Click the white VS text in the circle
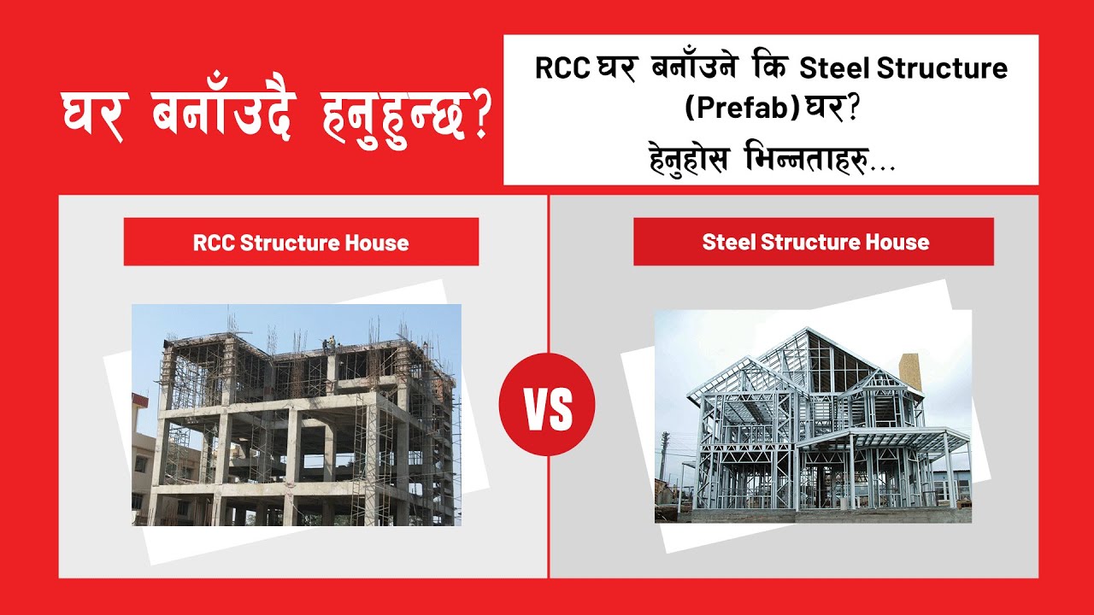pos(547,410)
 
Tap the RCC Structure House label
pos(301,243)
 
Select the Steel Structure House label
pos(815,242)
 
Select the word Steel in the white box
pos(829,68)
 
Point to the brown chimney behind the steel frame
pos(909,372)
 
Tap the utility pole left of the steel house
pos(664,457)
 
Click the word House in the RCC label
pos(376,243)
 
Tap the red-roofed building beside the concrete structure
pos(140,453)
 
